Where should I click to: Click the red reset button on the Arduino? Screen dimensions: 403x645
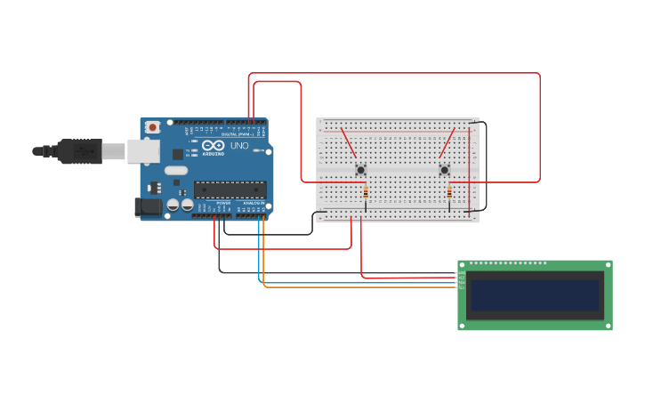(x=153, y=127)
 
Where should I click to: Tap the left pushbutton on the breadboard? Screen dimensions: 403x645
(x=360, y=169)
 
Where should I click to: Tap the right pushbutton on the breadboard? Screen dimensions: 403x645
(x=444, y=169)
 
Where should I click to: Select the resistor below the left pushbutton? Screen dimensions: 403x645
(x=366, y=192)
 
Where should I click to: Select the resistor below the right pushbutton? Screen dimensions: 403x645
(x=449, y=192)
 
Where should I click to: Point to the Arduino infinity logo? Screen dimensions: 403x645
(x=214, y=145)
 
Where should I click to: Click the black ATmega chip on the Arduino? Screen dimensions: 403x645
(x=230, y=189)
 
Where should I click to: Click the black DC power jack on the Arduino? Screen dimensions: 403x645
(x=149, y=207)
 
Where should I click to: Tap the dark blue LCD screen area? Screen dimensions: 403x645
(x=535, y=294)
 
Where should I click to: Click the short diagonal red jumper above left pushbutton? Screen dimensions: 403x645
(x=348, y=142)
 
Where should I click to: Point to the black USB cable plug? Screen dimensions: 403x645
(x=80, y=151)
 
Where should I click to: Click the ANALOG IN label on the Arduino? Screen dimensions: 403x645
(x=254, y=203)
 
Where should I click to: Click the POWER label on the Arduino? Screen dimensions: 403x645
(x=223, y=203)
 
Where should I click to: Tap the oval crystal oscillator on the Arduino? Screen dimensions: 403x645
(x=176, y=170)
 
